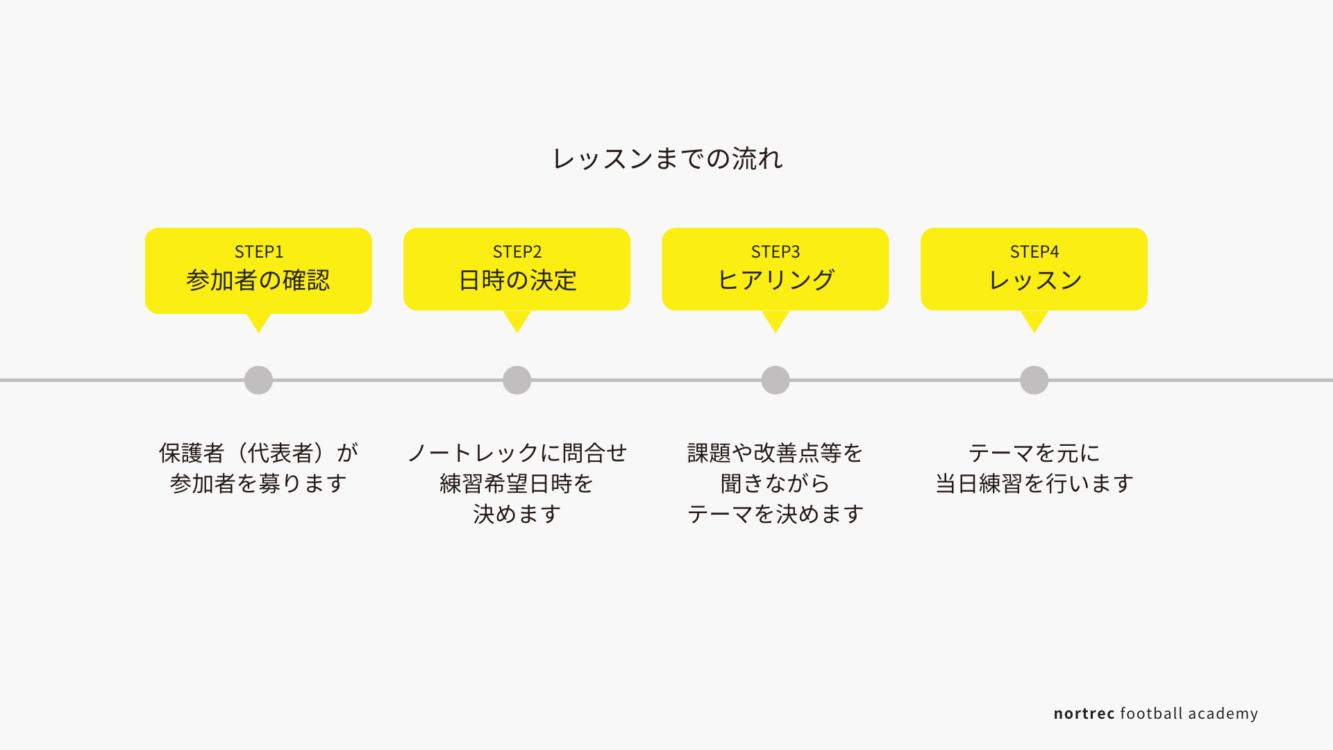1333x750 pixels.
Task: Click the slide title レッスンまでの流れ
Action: (667, 158)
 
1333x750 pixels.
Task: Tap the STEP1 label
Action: (259, 251)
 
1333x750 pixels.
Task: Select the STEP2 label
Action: (517, 251)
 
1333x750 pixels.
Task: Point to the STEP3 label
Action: (776, 251)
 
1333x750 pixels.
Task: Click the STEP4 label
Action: (1034, 251)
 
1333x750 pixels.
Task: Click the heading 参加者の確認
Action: (258, 280)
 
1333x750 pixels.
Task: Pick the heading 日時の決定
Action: (517, 280)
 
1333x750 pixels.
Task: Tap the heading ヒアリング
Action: (776, 280)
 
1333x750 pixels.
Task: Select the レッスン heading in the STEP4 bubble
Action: (1034, 280)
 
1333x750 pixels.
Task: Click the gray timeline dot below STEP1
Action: (258, 380)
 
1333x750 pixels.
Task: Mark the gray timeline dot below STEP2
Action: (517, 380)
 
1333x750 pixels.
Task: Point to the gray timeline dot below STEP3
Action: (776, 380)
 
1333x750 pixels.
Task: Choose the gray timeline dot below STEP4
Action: (1034, 380)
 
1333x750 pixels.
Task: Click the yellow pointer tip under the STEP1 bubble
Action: (258, 333)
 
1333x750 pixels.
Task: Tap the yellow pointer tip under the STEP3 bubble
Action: (776, 333)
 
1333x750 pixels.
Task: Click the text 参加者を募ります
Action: (258, 483)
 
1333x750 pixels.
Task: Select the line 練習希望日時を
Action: (517, 483)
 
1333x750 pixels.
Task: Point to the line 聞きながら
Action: (776, 483)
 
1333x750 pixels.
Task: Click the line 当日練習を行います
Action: (1034, 483)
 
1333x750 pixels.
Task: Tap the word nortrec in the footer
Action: (1084, 714)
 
